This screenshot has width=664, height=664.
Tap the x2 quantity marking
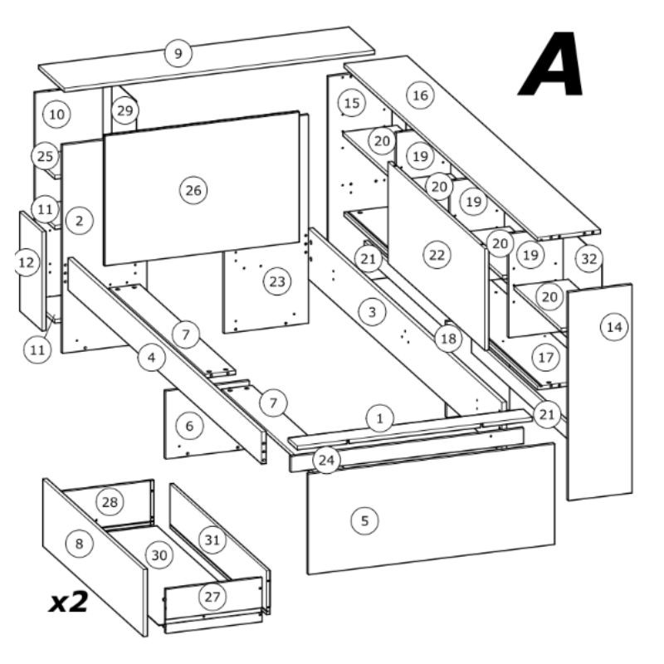point(69,601)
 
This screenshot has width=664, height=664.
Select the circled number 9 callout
point(178,53)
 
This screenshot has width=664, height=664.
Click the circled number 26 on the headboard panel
point(193,190)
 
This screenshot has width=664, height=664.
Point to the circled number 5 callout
point(365,521)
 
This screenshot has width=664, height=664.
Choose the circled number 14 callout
point(614,327)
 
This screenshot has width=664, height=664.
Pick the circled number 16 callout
point(421,95)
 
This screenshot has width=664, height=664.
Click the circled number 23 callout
point(277,281)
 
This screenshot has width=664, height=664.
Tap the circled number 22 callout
point(437,255)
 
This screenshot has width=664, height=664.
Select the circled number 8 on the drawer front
point(79,544)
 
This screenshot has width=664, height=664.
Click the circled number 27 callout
point(212,597)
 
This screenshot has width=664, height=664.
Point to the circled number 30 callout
point(159,555)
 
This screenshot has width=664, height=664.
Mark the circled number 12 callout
point(27,262)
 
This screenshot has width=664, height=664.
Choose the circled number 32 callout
point(589,258)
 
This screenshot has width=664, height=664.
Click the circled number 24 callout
point(326,461)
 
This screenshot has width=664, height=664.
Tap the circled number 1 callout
point(380,419)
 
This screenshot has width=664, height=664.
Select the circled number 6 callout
point(189,426)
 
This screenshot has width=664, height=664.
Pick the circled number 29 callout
point(125,110)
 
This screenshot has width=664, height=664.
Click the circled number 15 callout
point(352,103)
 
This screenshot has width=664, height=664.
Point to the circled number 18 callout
point(448,339)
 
